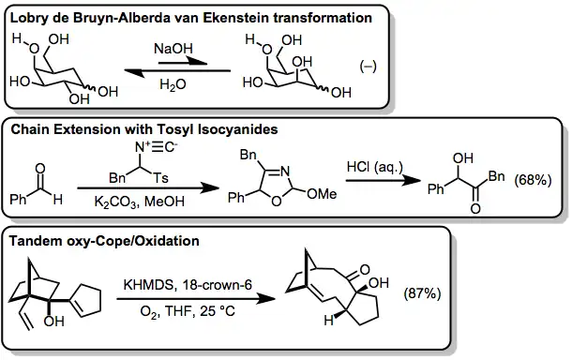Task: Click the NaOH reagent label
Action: [173, 49]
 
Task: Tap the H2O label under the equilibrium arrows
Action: [173, 84]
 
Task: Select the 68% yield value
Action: [533, 180]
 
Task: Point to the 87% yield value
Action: [422, 293]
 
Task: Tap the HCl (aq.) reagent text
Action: [375, 167]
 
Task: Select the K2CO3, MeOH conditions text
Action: [140, 202]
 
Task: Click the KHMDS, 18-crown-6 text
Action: [188, 284]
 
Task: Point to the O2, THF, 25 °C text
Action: [188, 311]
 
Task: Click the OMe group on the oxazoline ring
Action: [322, 194]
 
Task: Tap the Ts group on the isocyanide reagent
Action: [160, 178]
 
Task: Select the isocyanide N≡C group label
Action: [156, 147]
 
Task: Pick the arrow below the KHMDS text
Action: [196, 299]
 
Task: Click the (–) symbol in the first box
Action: [368, 67]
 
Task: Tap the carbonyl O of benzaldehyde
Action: [40, 168]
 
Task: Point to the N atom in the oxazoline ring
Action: [285, 171]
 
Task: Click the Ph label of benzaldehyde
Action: [18, 199]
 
